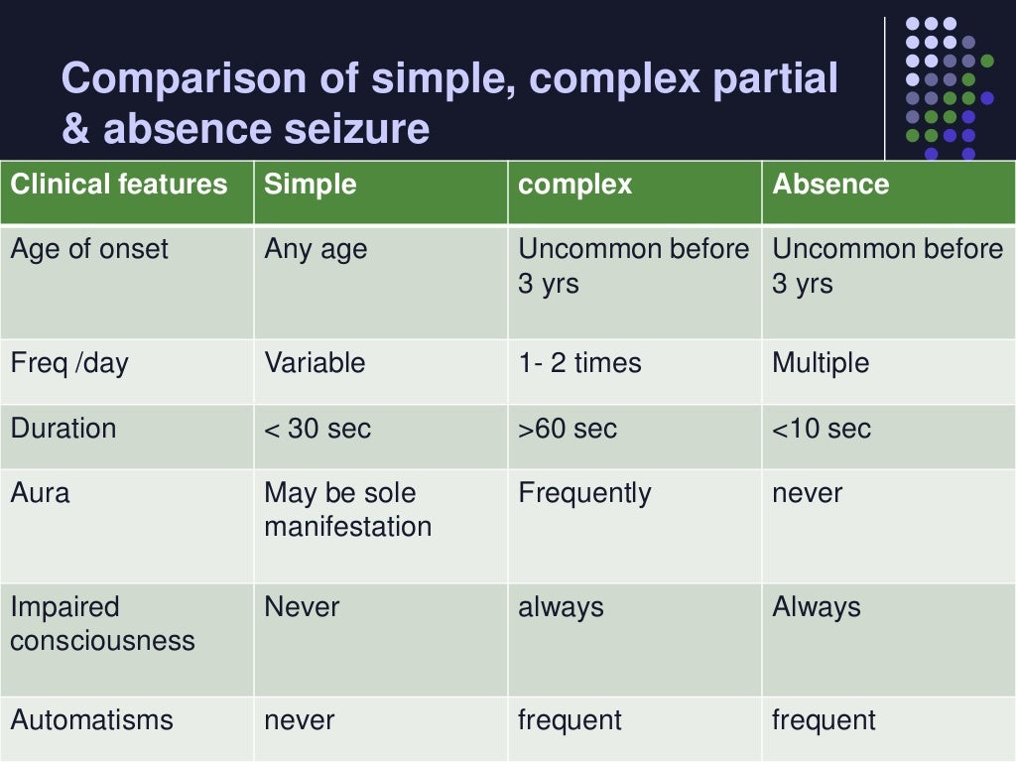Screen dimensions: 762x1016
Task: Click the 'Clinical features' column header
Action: pos(119,185)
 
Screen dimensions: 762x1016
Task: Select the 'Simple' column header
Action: pos(311,185)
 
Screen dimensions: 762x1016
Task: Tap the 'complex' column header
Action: pos(575,185)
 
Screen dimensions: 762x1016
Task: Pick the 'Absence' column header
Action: pos(830,185)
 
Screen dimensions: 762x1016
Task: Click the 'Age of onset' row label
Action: pos(89,249)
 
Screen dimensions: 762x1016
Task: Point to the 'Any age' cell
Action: pos(316,249)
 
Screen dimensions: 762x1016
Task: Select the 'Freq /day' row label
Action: pos(69,363)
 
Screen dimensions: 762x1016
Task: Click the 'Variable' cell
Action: pos(315,363)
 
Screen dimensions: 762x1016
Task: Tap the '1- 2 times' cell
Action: pos(580,363)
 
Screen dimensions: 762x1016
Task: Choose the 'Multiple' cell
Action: pos(821,363)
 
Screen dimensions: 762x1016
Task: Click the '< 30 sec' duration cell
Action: pos(317,429)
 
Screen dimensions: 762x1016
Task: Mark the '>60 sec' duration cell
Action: pos(568,429)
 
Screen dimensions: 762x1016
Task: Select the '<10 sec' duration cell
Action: pos(822,429)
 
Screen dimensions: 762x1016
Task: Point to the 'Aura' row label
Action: pos(40,493)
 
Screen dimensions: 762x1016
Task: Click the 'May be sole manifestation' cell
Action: pos(347,509)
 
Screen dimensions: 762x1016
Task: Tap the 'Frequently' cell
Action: pos(584,493)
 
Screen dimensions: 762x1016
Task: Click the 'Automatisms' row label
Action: pos(91,720)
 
